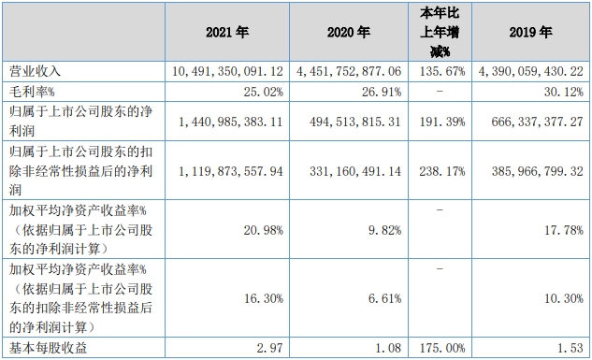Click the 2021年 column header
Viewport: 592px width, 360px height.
point(227,32)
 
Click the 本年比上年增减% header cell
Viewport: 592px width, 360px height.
point(440,32)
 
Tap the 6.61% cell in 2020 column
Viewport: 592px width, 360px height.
point(389,298)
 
